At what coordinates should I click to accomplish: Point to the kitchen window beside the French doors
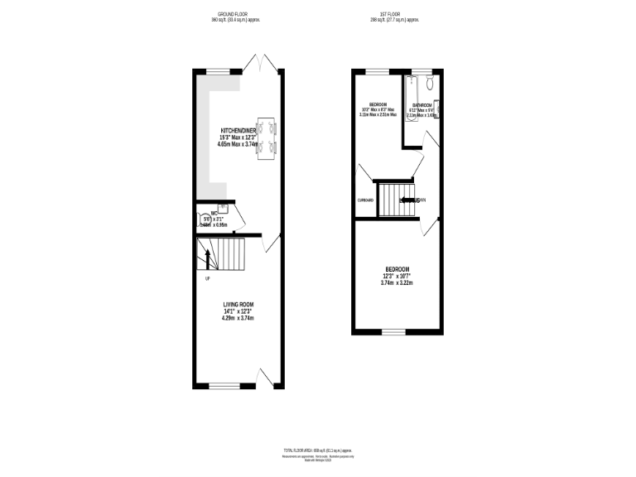click(219, 72)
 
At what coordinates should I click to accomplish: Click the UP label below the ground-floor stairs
click(207, 277)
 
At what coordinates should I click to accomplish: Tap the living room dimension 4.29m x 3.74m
click(237, 318)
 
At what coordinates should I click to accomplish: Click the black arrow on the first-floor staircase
click(407, 200)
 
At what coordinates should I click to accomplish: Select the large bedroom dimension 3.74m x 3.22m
click(396, 283)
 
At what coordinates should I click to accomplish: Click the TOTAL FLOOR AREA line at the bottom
click(318, 448)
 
